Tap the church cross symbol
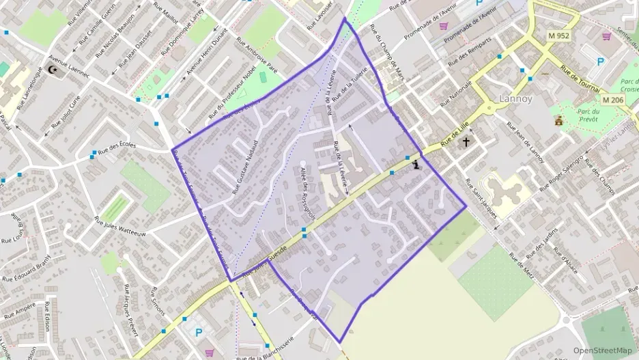467,143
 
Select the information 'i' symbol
416,163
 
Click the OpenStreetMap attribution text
602,350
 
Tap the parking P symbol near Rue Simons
199,333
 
